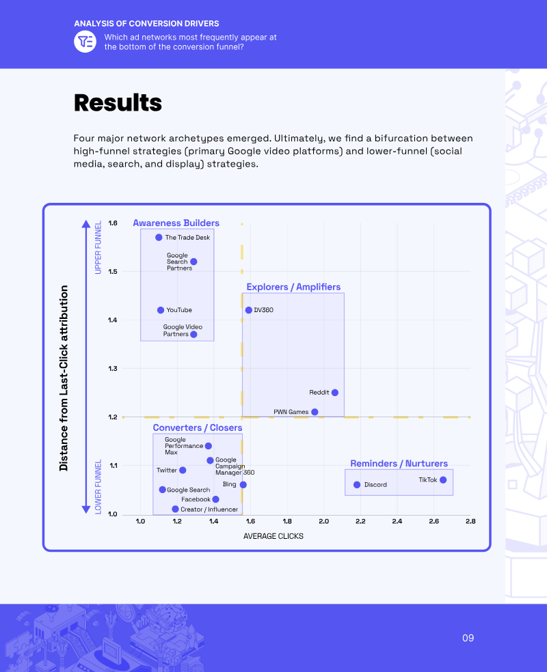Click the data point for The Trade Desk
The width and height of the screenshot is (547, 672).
pos(159,238)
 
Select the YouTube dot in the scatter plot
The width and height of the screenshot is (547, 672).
pos(161,310)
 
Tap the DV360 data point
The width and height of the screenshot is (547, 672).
pos(248,310)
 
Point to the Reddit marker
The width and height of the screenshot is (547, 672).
pos(334,393)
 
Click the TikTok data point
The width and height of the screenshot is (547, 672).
pos(443,480)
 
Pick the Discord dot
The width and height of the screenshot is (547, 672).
pos(357,485)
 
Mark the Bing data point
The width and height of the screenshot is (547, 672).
pos(243,485)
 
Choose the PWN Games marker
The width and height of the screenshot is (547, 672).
pos(315,412)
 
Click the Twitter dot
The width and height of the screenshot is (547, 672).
pos(183,470)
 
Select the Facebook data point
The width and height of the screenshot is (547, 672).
pos(215,499)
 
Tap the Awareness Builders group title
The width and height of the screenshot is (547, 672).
pos(176,223)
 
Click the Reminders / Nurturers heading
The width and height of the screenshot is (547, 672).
pos(399,463)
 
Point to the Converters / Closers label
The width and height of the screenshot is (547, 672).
pos(198,428)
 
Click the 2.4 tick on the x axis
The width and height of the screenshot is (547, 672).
pos(397,521)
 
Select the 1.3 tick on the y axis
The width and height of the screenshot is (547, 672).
pos(113,368)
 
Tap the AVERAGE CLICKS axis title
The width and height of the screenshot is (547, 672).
pos(273,536)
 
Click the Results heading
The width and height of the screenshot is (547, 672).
pos(118,103)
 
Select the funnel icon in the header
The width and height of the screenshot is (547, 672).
pos(85,42)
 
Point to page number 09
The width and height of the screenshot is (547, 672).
pos(468,638)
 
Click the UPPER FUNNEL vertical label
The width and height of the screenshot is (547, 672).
pos(98,247)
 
